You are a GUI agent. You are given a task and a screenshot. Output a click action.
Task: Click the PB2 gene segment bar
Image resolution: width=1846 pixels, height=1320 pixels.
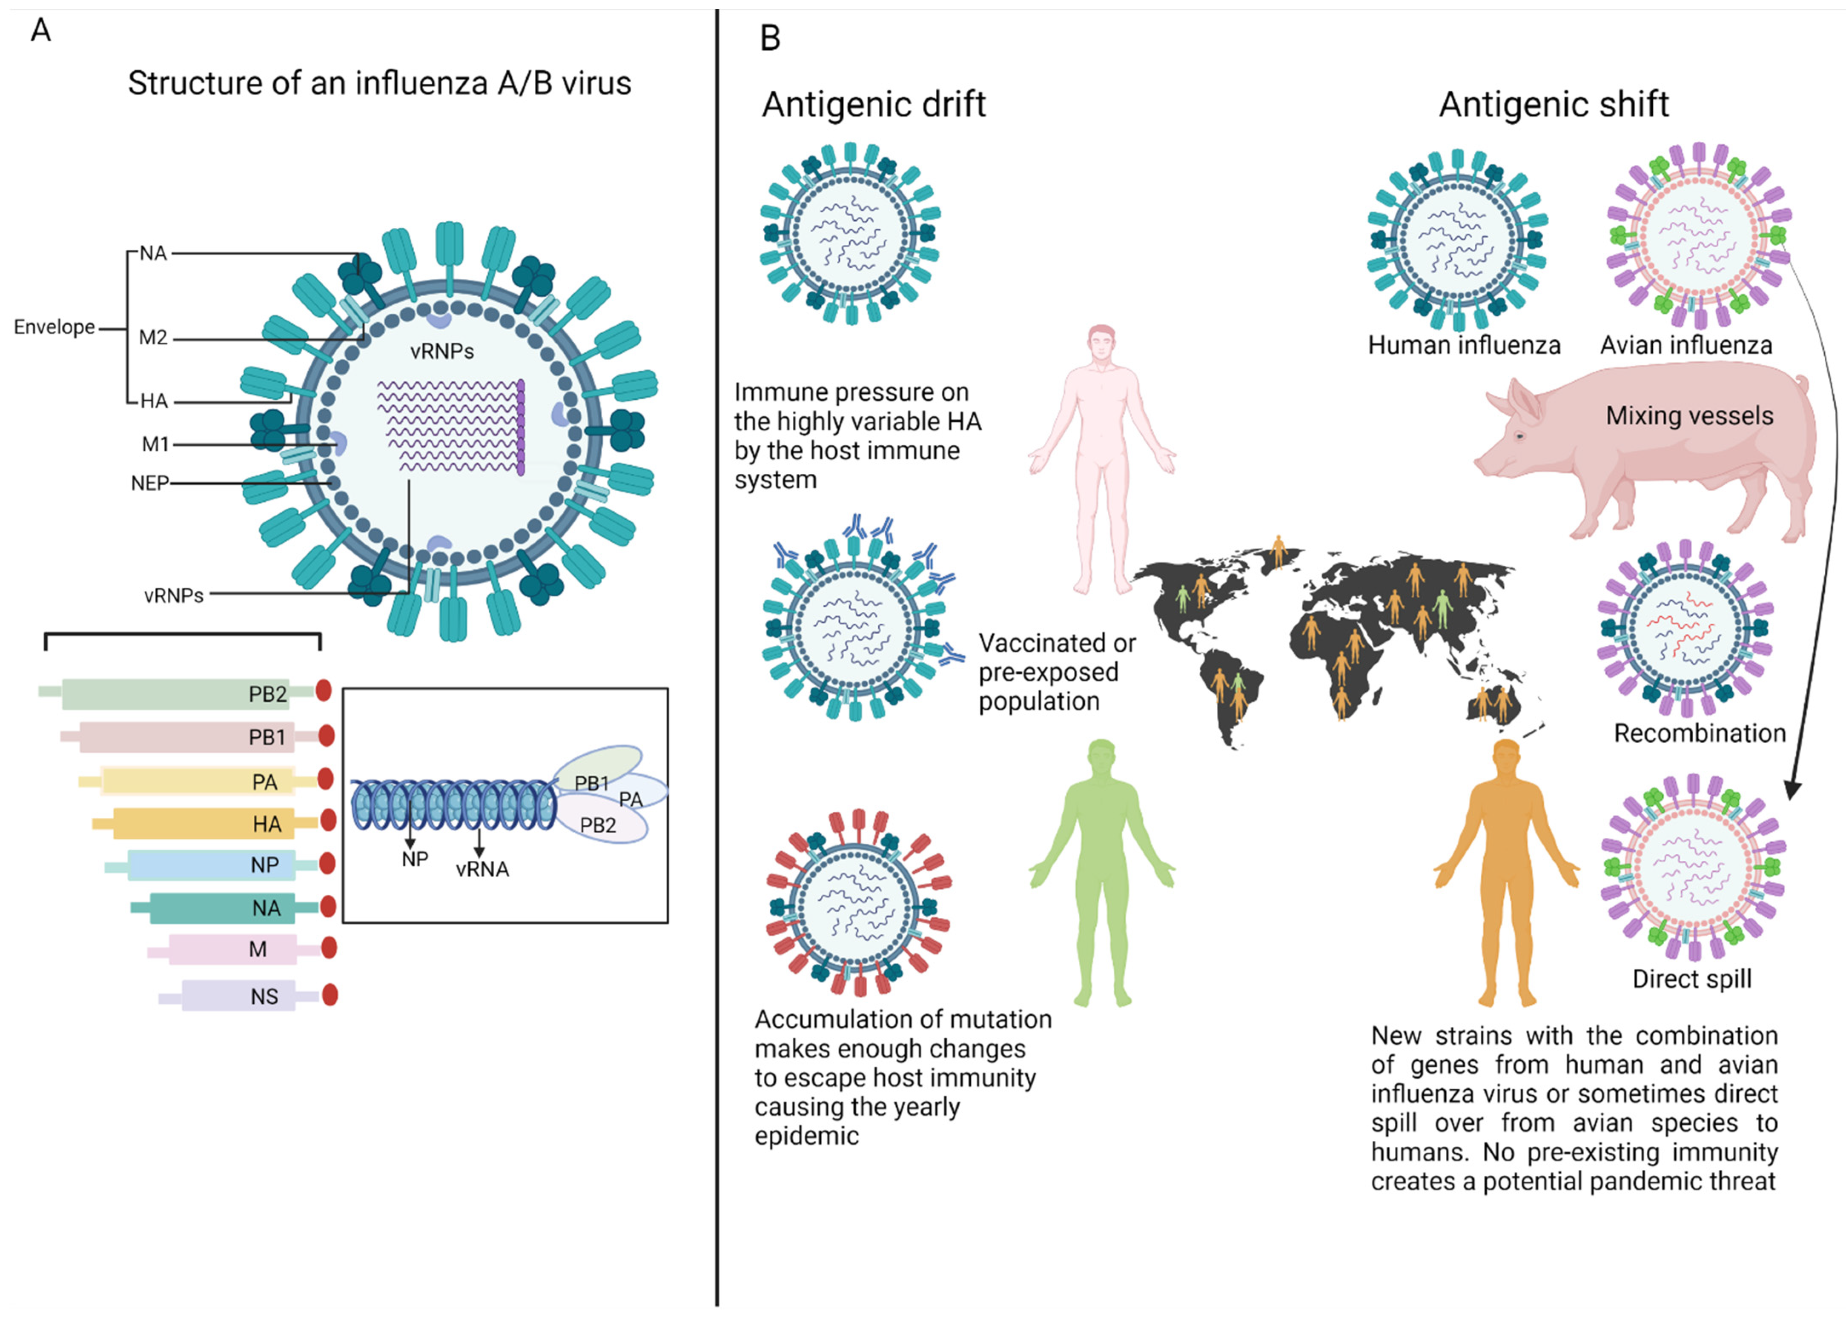187,693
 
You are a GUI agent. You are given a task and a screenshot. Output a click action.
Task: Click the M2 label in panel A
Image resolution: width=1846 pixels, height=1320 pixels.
153,337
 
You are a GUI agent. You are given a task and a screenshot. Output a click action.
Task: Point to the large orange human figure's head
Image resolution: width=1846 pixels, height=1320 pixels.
1505,756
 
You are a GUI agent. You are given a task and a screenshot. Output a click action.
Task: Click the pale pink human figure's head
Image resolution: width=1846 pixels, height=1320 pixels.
1101,341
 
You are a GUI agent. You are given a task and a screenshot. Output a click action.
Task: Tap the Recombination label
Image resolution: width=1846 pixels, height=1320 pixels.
1699,733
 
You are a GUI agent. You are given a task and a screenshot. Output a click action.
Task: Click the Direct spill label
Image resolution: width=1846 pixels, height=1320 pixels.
1691,979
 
